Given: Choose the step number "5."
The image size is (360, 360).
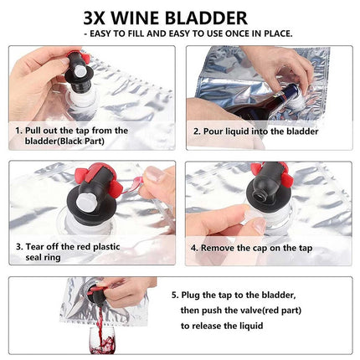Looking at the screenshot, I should tap(176, 296).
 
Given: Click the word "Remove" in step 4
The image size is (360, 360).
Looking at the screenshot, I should tap(220, 248).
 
